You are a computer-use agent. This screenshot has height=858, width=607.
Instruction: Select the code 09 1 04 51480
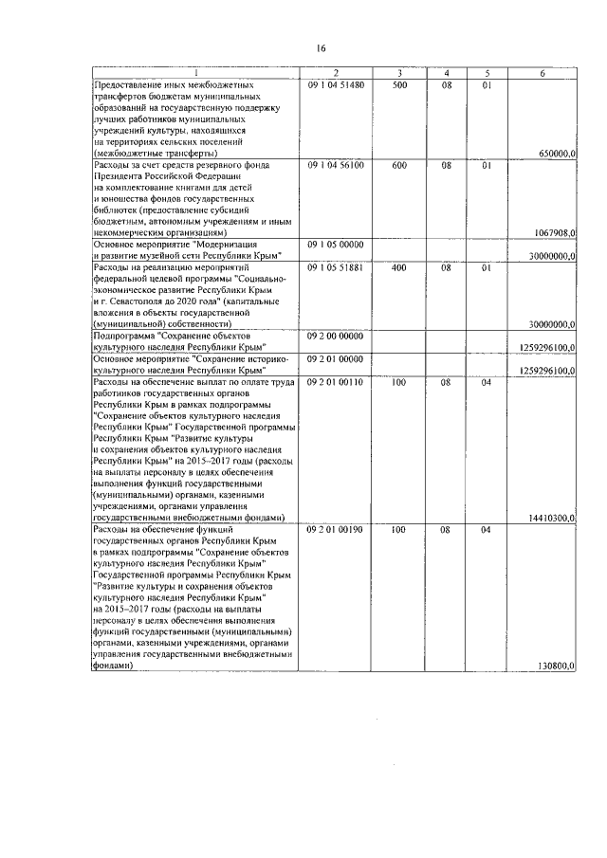336,85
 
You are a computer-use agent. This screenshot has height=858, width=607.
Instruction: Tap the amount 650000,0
555,153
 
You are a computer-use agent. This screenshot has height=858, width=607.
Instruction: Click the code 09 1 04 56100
336,165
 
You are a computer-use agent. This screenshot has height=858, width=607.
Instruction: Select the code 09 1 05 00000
336,245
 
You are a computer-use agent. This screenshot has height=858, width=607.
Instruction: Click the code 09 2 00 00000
336,336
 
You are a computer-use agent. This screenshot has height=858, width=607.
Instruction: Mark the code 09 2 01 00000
336,358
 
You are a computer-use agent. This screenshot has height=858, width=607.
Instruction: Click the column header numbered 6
543,73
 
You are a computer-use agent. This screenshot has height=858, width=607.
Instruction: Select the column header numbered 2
336,73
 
